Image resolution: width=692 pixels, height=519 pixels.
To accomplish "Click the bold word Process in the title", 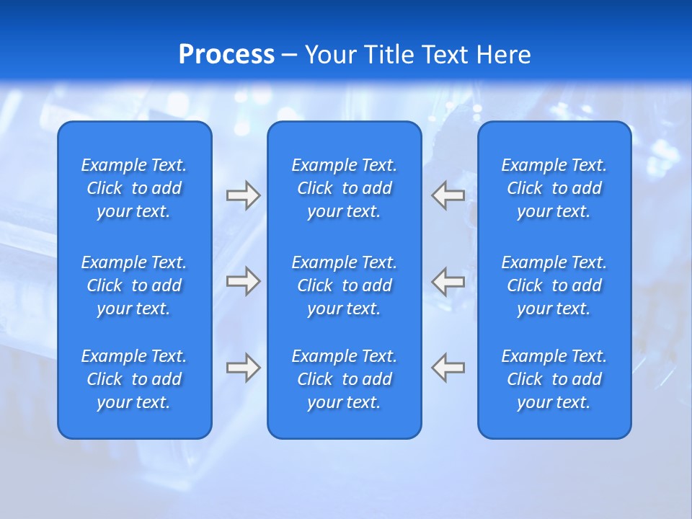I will [x=226, y=55].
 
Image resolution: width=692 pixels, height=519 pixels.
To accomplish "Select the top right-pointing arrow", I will [x=243, y=195].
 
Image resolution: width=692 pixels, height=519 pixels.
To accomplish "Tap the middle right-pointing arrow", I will [x=243, y=280].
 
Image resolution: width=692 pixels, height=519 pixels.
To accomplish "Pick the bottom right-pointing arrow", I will [x=243, y=368].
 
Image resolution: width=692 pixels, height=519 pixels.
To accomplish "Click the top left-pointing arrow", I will [x=448, y=195].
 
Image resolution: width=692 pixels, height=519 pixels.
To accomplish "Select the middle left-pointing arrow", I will [x=448, y=280].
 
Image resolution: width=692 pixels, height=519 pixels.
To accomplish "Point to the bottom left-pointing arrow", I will [x=448, y=368].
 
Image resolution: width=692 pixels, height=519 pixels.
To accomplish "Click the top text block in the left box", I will [x=134, y=188].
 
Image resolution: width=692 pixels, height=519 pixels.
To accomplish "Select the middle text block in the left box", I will [x=134, y=285].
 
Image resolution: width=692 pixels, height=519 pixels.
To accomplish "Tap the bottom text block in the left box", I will [x=134, y=379].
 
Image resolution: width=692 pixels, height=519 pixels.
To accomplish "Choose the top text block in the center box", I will [x=344, y=188].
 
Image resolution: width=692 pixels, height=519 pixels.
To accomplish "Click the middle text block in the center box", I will [x=344, y=285].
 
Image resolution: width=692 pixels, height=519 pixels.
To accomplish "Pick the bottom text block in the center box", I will [x=344, y=379].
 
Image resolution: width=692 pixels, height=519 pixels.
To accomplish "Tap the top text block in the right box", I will [x=554, y=188].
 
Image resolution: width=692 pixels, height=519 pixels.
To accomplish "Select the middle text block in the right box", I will [x=554, y=285].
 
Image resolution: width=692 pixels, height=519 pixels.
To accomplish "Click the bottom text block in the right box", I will [x=554, y=379].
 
